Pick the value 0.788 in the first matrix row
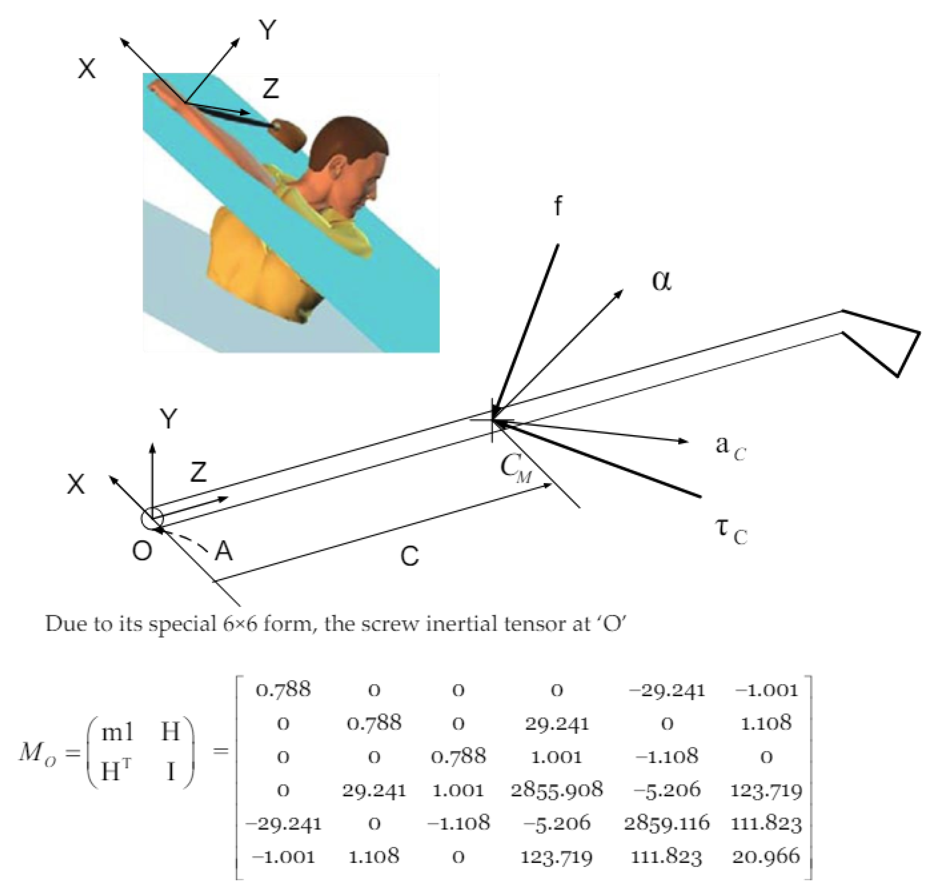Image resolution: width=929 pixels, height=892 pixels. (x=283, y=689)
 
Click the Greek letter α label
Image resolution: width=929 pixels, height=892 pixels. (x=662, y=280)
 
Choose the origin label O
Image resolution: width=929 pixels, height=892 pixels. (x=142, y=551)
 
